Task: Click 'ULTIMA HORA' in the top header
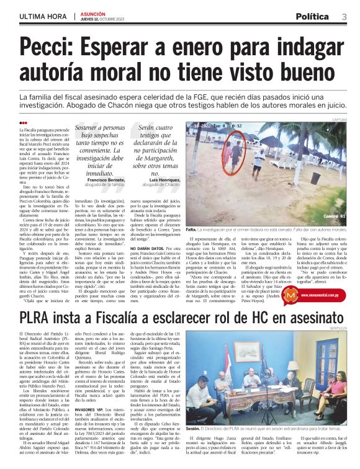[42, 16]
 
